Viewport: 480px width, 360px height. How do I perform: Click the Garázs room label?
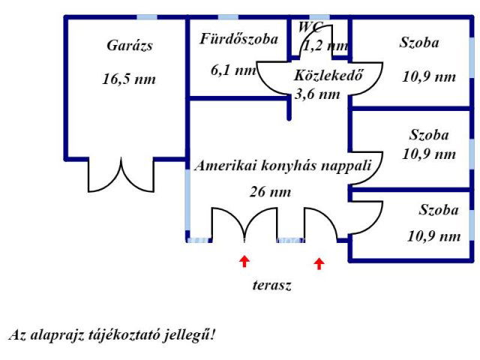(130, 46)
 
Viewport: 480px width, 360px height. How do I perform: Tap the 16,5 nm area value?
(129, 79)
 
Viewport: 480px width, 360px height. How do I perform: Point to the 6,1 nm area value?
(233, 70)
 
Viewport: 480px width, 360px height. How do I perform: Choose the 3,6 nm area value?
(317, 94)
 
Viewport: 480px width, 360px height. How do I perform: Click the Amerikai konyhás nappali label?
(282, 166)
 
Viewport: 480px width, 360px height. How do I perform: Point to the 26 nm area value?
(270, 192)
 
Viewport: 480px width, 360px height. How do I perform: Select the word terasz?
(271, 285)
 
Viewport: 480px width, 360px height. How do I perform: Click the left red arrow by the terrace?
(244, 261)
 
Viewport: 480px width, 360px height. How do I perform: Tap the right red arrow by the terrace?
(319, 262)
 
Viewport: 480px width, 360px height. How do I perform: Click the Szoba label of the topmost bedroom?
(419, 43)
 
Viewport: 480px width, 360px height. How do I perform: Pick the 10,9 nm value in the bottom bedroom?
(433, 236)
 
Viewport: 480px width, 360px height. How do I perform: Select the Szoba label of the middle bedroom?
(429, 136)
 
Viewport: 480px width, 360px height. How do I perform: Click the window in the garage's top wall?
(147, 17)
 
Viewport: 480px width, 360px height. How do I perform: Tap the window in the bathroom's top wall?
(228, 17)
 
